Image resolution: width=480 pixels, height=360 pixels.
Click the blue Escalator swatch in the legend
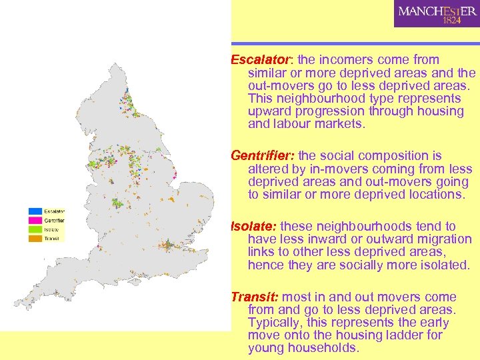[35, 212]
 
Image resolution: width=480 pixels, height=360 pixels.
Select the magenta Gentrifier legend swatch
[35, 221]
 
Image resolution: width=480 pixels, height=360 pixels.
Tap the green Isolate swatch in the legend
[35, 229]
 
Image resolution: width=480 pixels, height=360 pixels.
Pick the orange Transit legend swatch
[35, 238]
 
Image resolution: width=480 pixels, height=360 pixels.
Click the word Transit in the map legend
[51, 238]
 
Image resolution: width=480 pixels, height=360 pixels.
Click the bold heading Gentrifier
[263, 156]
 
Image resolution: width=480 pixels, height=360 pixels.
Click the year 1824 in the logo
[451, 21]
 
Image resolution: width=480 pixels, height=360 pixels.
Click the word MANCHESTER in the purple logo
[437, 11]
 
